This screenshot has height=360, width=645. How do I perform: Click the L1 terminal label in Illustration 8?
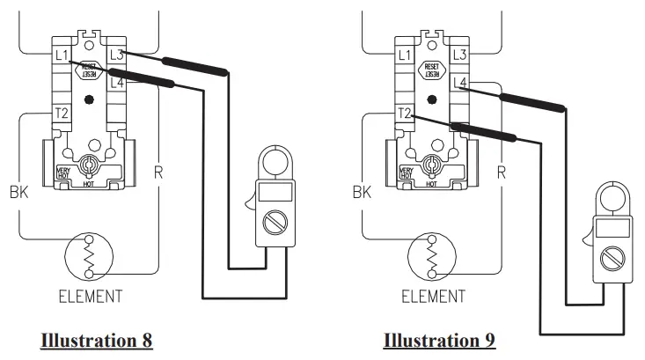(62, 55)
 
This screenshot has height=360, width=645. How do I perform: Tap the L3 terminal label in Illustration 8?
(116, 55)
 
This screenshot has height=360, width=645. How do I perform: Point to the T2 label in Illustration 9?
(405, 114)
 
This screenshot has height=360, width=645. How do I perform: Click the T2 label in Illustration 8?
(62, 114)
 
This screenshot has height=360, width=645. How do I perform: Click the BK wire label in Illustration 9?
(361, 192)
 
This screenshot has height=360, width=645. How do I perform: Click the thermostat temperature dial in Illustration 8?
(88, 165)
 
